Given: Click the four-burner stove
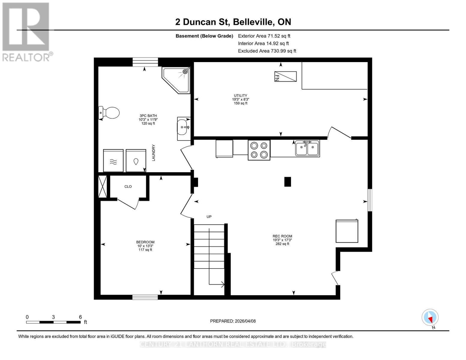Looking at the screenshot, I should tap(259, 150).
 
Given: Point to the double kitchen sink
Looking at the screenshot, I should tap(307, 148).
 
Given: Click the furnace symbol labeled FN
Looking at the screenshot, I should tap(285, 76).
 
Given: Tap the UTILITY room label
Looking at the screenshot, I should tap(240, 96).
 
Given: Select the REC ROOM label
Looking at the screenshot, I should tap(282, 236).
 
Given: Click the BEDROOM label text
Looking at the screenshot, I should tap(145, 242).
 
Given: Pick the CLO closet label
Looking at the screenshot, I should tap(128, 187).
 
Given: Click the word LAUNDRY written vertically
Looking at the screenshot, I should tap(154, 153).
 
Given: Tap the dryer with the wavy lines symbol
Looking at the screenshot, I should tap(113, 161).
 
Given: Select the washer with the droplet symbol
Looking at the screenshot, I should tap(136, 161).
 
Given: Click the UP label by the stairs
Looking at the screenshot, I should tap(209, 217).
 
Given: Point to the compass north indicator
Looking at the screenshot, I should tap(430, 317).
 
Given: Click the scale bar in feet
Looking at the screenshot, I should tap(53, 322).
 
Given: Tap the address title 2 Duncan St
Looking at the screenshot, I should tap(233, 22).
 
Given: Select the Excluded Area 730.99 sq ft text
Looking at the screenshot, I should tap(267, 51).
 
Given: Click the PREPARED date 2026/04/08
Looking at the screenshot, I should tap(233, 321).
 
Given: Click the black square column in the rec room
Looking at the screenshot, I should tap(287, 182).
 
